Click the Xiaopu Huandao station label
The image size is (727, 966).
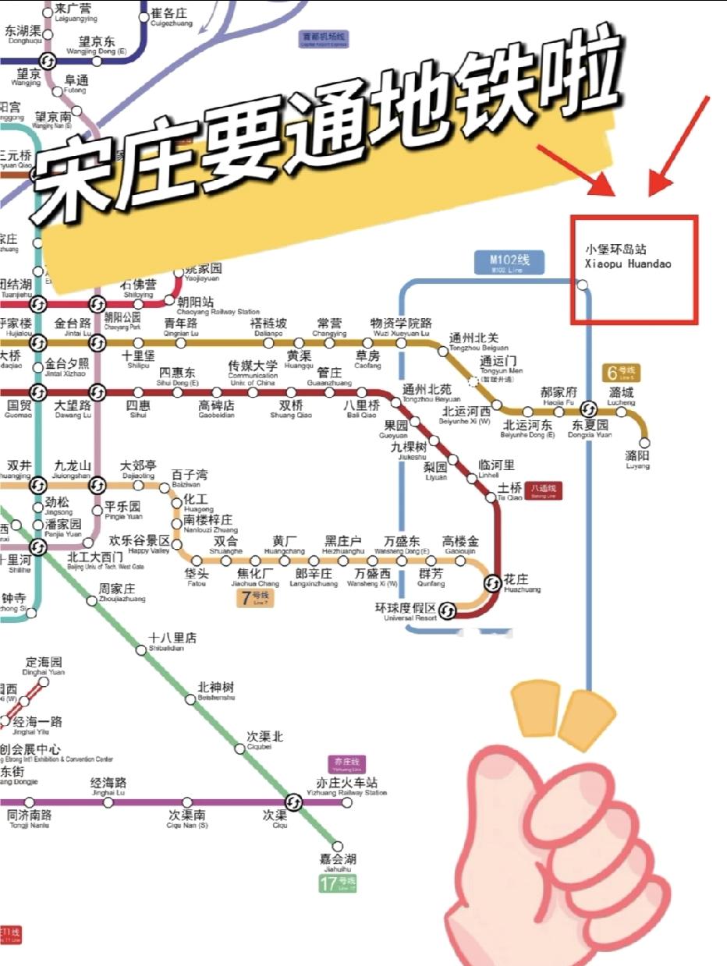pyautogui.click(x=628, y=257)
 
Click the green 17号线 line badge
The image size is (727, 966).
pyautogui.click(x=339, y=884)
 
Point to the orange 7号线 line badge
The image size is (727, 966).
pyautogui.click(x=254, y=599)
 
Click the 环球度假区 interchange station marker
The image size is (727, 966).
pyautogui.click(x=448, y=610)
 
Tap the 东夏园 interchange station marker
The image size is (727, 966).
pyautogui.click(x=589, y=410)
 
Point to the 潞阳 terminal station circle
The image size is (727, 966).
pyautogui.click(x=644, y=442)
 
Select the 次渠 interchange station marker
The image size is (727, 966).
pyautogui.click(x=293, y=801)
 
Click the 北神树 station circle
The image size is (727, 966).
pyautogui.click(x=190, y=699)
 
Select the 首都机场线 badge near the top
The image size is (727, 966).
pyautogui.click(x=324, y=39)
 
